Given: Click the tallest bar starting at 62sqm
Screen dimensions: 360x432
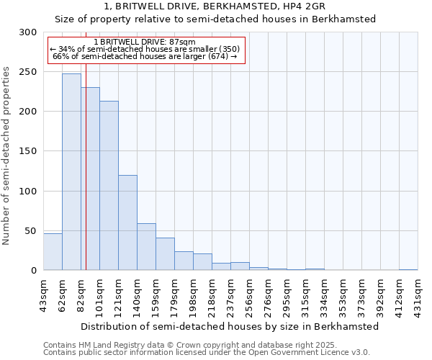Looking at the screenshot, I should pos(71,172).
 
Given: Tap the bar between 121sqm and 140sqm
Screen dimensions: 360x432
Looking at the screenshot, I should pos(127,222).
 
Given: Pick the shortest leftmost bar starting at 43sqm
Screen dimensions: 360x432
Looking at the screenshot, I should pos(53,252).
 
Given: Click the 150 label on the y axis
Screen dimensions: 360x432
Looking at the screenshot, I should pos(29,151).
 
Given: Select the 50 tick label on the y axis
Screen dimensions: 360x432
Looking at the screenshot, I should pos(31,231).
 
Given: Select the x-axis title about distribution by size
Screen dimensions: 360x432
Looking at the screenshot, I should pos(230,326).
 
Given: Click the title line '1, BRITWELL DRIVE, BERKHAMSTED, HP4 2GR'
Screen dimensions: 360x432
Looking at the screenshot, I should pos(215,6).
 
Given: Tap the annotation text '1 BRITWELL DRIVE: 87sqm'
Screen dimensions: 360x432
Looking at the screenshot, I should pos(144,42).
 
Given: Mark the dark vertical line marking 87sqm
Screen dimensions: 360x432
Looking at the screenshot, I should pos(86,180).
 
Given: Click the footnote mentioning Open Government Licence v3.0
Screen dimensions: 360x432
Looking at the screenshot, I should pos(207,353).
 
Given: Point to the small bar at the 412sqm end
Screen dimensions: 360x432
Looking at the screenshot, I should pos(408,269).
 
